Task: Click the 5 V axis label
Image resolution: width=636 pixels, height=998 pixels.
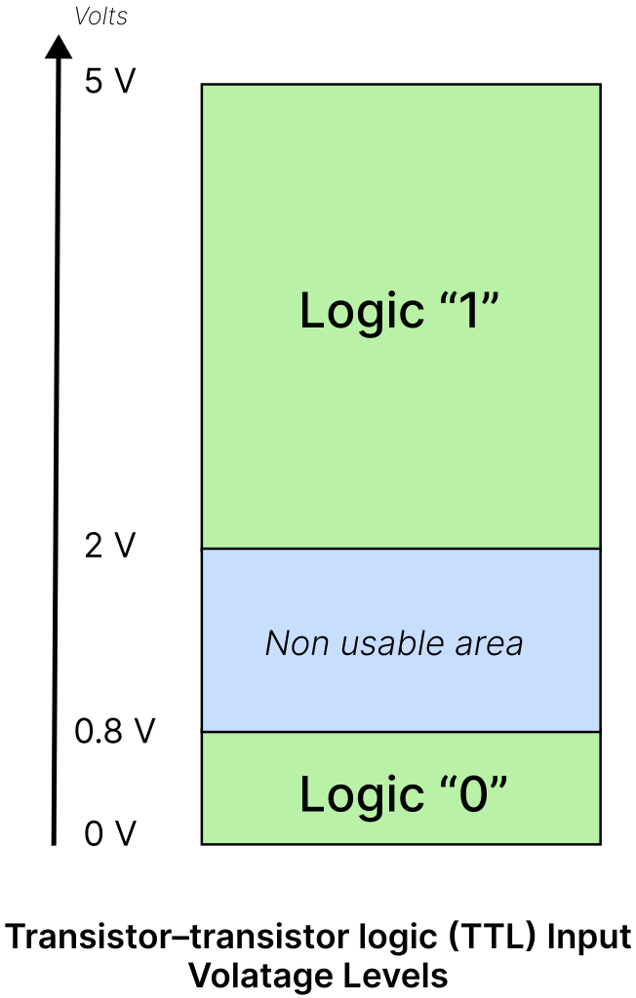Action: (110, 82)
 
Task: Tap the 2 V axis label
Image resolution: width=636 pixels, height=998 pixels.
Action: (110, 546)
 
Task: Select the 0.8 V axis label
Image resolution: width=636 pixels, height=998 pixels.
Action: (115, 731)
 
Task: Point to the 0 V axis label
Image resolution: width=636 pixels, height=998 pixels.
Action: (110, 833)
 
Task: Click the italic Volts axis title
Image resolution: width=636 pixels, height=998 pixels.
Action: (100, 17)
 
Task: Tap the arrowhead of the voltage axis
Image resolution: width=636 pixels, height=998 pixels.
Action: (59, 47)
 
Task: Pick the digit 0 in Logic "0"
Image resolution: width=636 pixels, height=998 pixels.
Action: (474, 794)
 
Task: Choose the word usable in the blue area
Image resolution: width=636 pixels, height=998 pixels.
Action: (392, 643)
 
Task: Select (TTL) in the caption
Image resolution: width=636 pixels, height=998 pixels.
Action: (494, 938)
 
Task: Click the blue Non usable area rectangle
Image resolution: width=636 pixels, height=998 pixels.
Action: (401, 639)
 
